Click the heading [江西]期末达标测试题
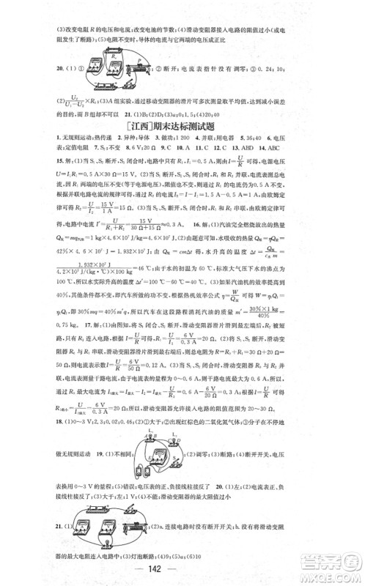[x=182, y=126]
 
